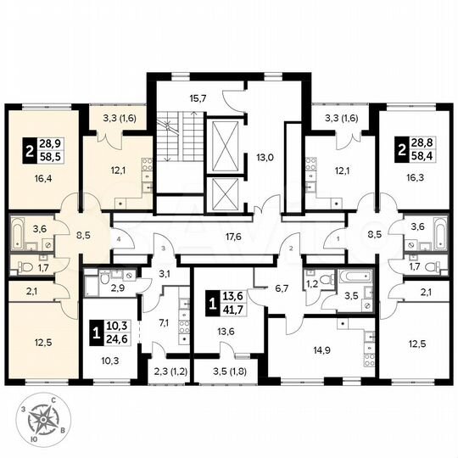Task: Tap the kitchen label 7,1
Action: tap(165, 322)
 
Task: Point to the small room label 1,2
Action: tap(311, 283)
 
